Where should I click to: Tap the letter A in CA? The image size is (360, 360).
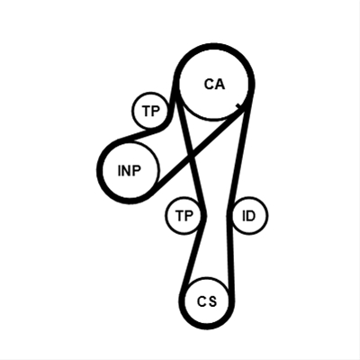click(220, 85)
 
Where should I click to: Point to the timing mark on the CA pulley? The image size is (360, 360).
click(238, 106)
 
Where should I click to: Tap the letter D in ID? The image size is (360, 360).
click(251, 216)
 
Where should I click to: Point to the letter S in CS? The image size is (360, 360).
click(212, 301)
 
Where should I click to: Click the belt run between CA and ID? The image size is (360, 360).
click(240, 153)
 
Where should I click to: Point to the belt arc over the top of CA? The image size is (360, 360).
click(214, 46)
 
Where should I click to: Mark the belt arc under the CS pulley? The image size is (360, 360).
click(207, 327)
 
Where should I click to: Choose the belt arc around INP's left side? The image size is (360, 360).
click(99, 171)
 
